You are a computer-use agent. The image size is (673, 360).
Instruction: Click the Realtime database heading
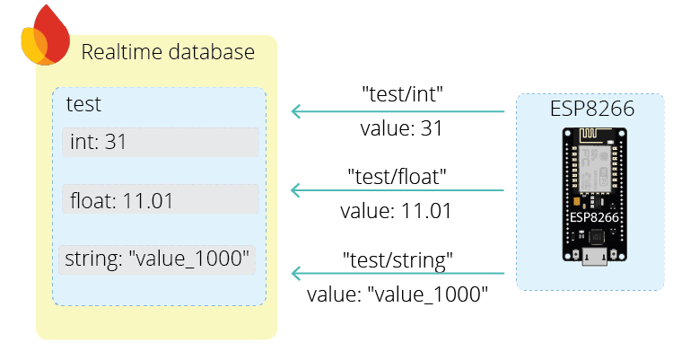[x=168, y=52]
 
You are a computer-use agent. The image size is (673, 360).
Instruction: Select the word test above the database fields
[x=83, y=104]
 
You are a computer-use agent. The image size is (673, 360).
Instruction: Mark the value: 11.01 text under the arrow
[x=395, y=212]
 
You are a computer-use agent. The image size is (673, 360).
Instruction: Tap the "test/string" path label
[x=398, y=260]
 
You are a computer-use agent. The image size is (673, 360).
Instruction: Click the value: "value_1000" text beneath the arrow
[x=398, y=294]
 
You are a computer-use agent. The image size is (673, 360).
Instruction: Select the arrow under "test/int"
[x=398, y=112]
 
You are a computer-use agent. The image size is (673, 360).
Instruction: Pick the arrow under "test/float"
[x=398, y=190]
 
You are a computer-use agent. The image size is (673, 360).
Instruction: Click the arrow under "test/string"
[x=398, y=273]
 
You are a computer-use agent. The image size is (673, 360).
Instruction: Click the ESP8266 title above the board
[x=592, y=110]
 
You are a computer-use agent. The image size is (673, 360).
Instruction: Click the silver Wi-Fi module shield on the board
[x=592, y=176]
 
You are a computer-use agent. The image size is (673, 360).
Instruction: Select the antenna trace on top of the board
[x=592, y=139]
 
